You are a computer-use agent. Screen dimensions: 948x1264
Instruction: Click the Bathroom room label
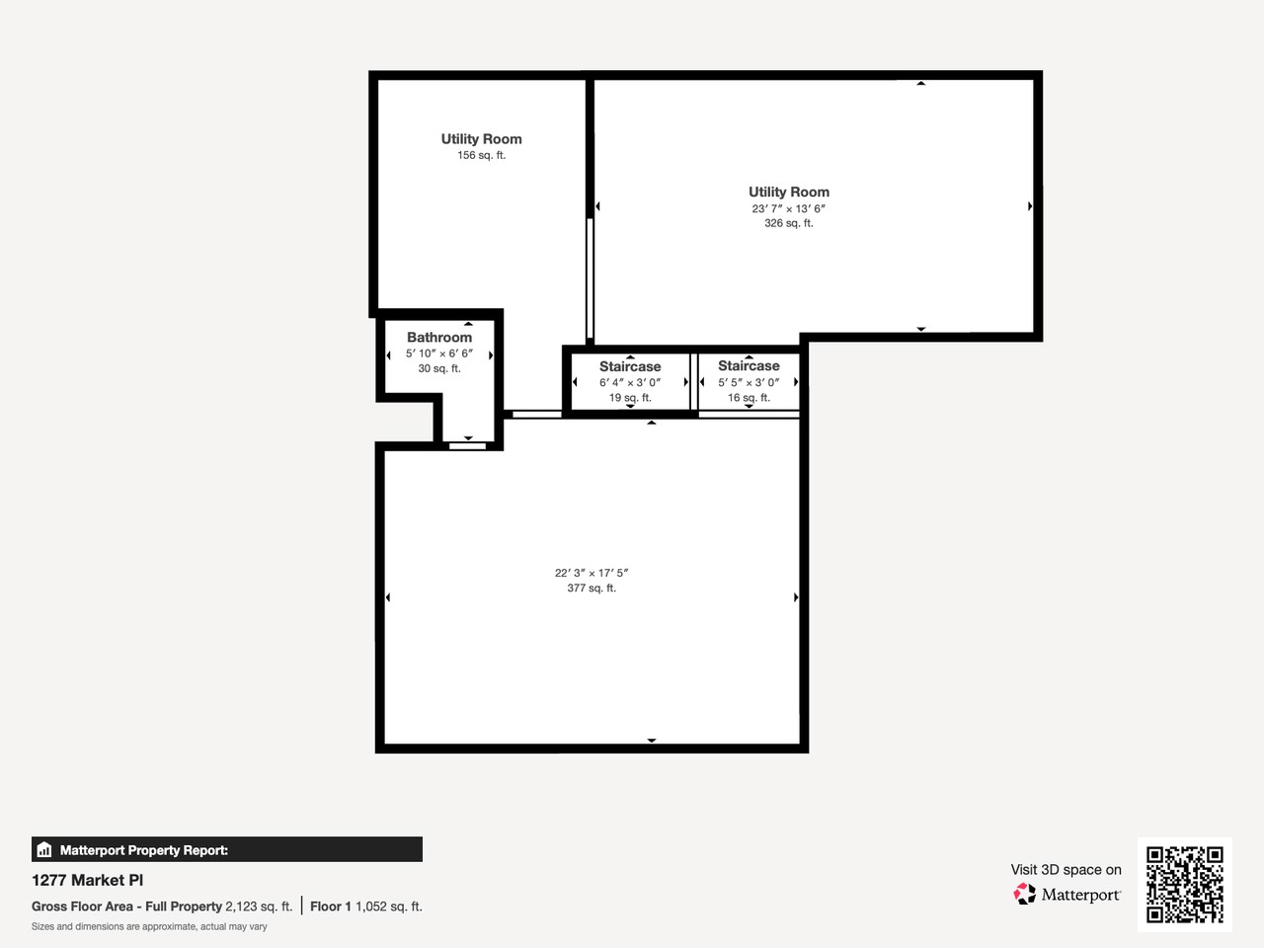click(x=439, y=338)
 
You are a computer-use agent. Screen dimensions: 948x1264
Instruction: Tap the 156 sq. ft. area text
click(x=481, y=156)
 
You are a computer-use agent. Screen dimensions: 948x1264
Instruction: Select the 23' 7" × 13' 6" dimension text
click(x=788, y=208)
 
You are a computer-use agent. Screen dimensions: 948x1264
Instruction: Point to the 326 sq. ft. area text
click(x=788, y=223)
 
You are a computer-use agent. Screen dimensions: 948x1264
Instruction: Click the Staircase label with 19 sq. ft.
click(x=630, y=366)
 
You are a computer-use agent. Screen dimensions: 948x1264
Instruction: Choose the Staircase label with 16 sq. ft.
click(x=749, y=366)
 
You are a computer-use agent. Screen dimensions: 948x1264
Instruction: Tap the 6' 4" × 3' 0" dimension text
click(x=630, y=383)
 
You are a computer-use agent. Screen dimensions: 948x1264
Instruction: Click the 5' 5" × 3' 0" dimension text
click(x=749, y=383)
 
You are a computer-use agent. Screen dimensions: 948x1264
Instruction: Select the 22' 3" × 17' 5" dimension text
click(x=592, y=573)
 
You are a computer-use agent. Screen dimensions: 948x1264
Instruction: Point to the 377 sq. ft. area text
click(x=592, y=589)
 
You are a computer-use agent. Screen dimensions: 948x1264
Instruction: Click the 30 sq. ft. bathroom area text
click(x=439, y=368)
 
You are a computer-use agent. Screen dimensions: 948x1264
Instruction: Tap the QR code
click(x=1184, y=884)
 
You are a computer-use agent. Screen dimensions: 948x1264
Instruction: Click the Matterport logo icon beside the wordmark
click(x=1024, y=895)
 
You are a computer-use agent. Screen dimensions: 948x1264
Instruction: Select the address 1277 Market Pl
click(x=87, y=880)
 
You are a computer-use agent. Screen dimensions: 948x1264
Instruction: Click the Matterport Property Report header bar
click(x=227, y=849)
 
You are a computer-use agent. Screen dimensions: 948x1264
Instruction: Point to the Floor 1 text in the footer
click(x=331, y=907)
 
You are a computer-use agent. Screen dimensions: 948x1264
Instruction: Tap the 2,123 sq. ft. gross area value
click(x=259, y=907)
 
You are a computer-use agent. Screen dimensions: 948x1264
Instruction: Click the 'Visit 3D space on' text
click(x=1066, y=870)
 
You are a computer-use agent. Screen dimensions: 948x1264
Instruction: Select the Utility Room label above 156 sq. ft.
click(x=481, y=139)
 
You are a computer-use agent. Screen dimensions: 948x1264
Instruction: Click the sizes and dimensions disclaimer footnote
click(x=149, y=927)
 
